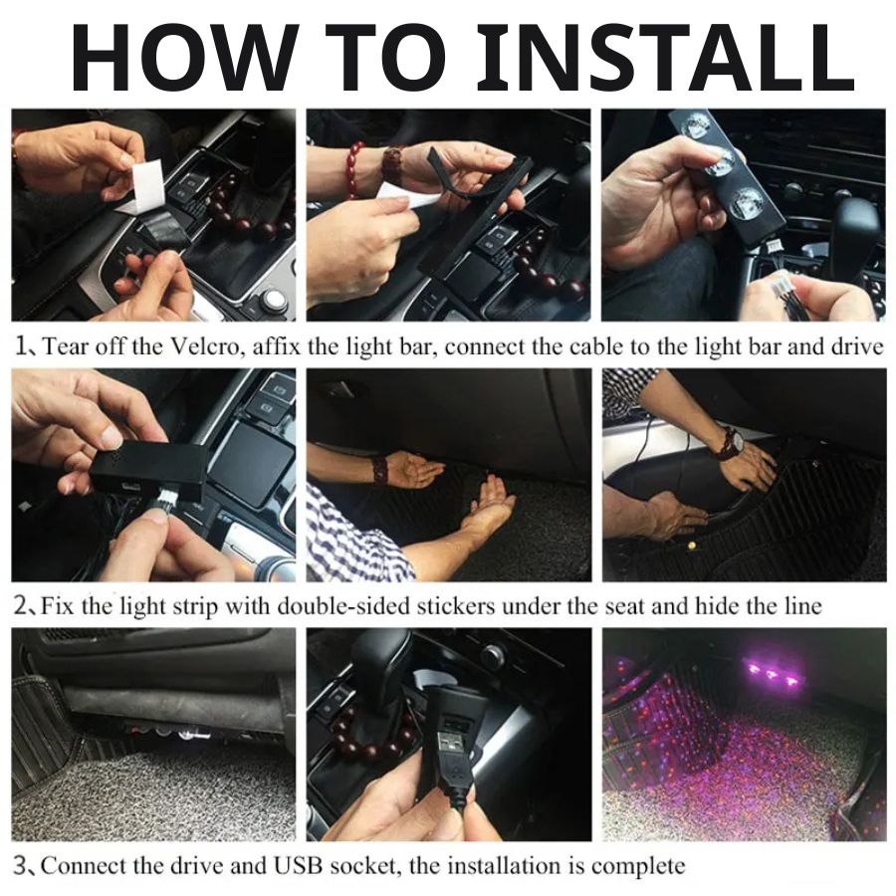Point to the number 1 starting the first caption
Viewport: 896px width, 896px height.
pos(22,347)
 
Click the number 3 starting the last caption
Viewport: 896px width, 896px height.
pos(21,865)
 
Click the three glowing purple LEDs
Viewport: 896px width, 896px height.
pos(772,677)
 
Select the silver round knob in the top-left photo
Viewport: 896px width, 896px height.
pos(271,300)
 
